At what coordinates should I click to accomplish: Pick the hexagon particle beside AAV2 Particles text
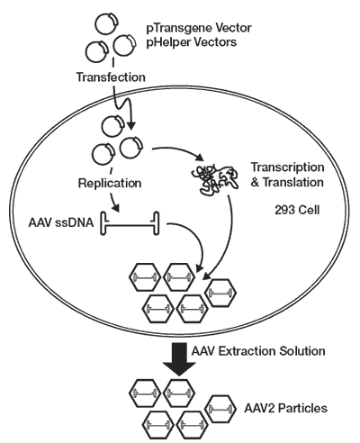(x=223, y=407)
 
